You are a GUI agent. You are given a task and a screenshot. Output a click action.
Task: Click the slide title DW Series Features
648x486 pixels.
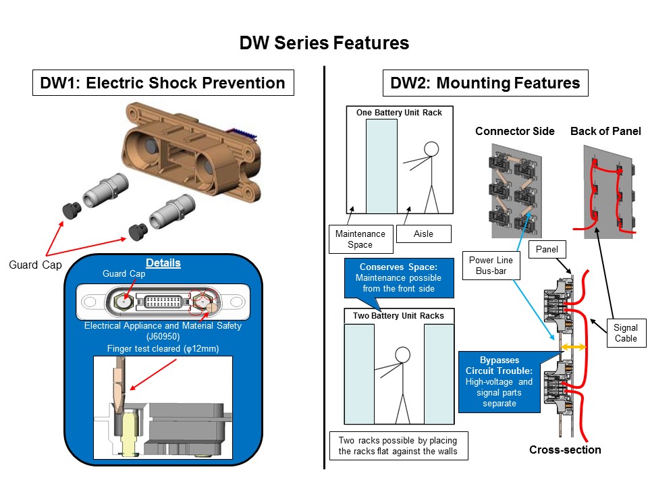click(324, 43)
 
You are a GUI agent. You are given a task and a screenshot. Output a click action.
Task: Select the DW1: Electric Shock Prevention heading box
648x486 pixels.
click(163, 83)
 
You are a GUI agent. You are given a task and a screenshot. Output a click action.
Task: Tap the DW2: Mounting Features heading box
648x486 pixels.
click(485, 83)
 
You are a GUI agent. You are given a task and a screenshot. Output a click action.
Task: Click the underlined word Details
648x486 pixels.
click(163, 263)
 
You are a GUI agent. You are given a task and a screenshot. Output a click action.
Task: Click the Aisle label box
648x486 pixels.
click(423, 234)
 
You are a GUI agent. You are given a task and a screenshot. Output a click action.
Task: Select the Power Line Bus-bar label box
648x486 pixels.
click(491, 265)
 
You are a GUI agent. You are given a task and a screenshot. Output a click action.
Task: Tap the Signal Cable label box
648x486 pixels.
click(625, 333)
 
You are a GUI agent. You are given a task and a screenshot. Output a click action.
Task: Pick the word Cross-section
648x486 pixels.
click(564, 450)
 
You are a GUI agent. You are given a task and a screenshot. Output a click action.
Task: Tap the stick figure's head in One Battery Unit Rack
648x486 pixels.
click(431, 148)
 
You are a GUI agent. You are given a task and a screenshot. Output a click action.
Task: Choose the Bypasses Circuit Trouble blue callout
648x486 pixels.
click(498, 381)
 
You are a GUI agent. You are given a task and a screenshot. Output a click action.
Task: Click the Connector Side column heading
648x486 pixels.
click(505, 131)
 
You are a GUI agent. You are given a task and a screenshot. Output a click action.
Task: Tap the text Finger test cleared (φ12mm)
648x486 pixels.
click(163, 348)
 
